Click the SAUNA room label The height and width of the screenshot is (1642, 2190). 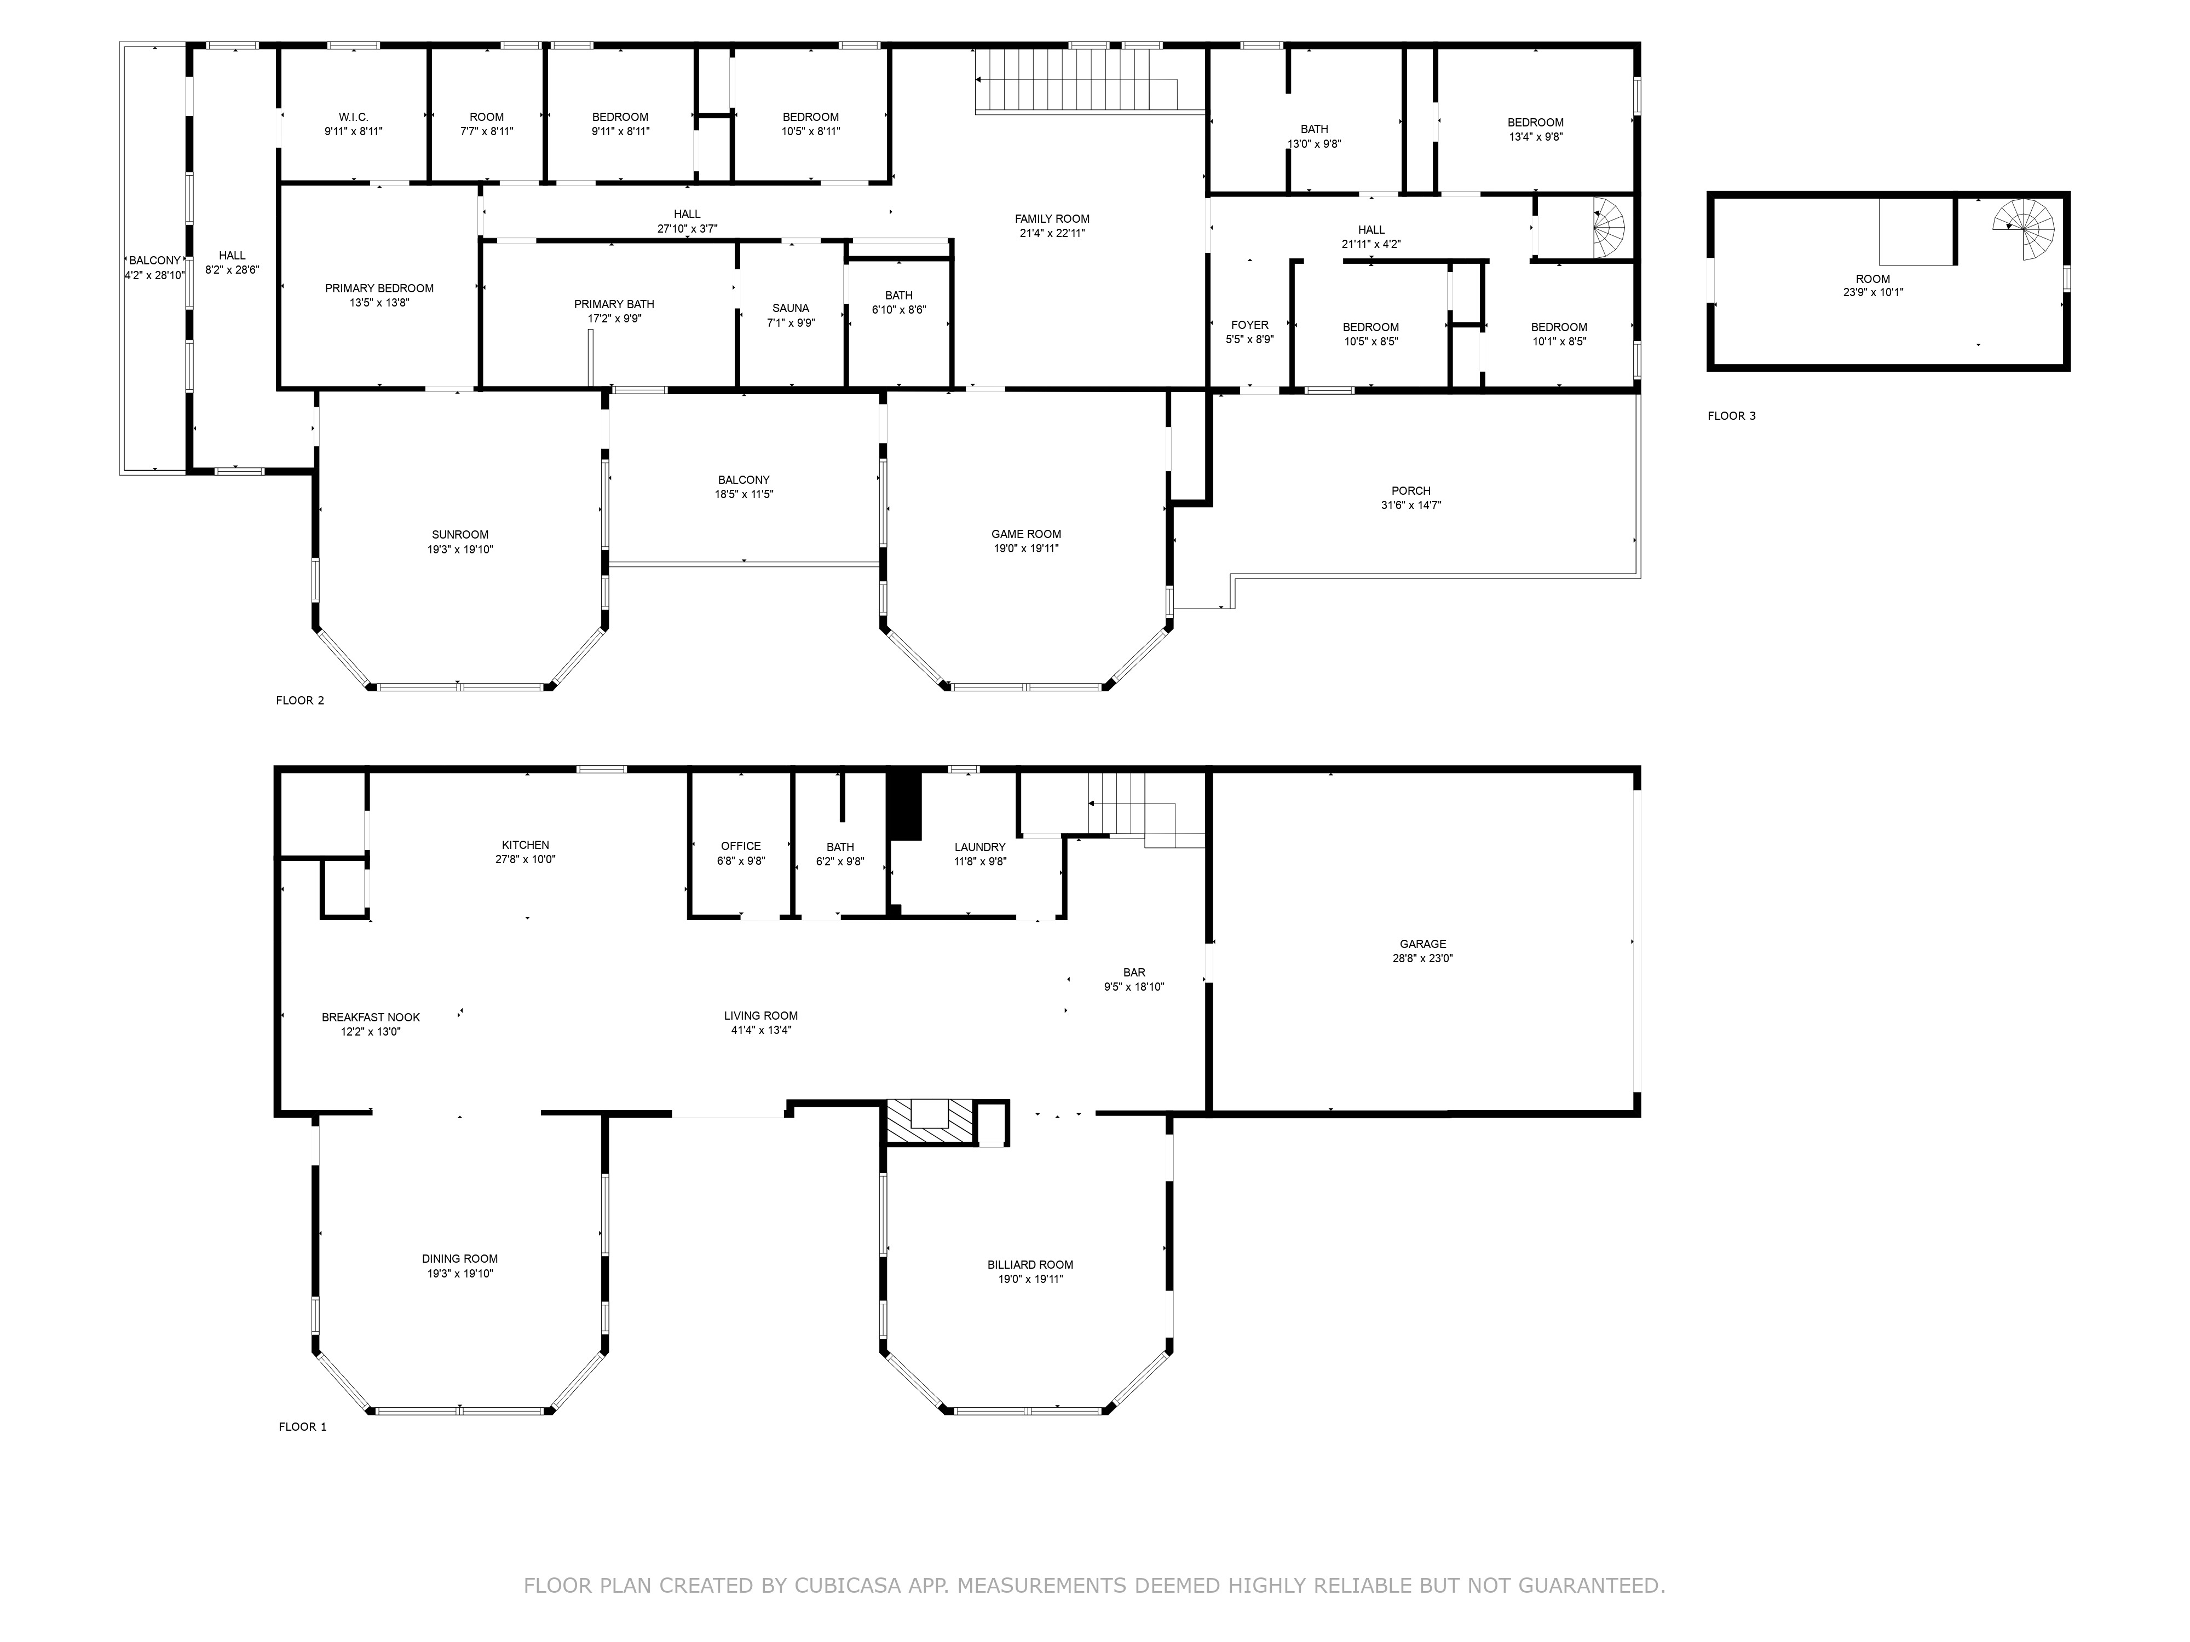click(791, 308)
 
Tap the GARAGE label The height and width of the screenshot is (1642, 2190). click(1423, 944)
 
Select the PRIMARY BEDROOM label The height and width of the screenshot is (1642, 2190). click(379, 288)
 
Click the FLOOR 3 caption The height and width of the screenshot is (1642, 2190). click(1732, 415)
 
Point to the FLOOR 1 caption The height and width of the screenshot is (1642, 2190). click(302, 1426)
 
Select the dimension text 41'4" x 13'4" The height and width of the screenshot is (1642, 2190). click(762, 1030)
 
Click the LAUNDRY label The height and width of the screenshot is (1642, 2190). click(980, 847)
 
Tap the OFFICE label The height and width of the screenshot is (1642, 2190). click(741, 846)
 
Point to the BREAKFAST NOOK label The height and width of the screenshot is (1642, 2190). click(371, 1017)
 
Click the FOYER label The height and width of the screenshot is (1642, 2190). click(1249, 325)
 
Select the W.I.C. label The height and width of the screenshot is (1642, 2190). click(354, 117)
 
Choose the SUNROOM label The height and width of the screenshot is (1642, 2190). click(460, 534)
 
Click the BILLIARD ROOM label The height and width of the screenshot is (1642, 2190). click(1030, 1265)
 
